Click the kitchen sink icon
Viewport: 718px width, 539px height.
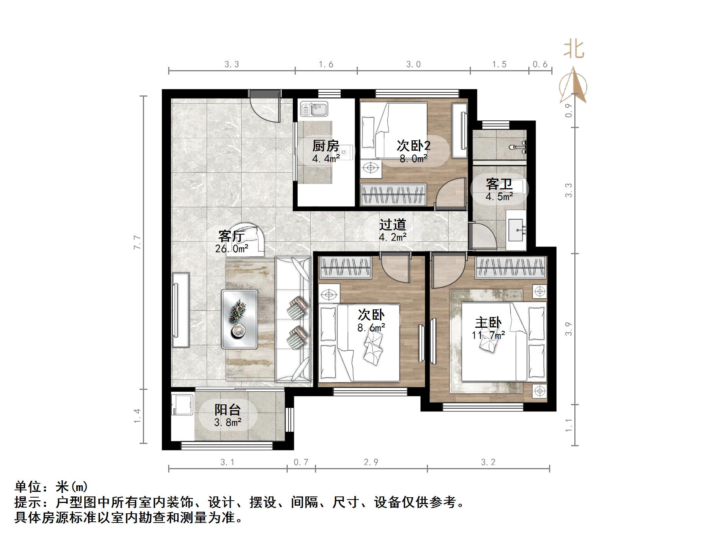click(314, 109)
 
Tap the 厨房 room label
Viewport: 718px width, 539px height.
click(325, 146)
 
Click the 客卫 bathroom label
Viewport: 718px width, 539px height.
click(499, 184)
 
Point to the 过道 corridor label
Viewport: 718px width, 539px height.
click(392, 225)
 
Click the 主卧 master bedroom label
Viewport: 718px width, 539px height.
click(488, 323)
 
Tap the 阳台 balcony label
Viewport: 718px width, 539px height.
click(227, 410)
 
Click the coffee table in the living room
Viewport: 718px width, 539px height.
click(239, 319)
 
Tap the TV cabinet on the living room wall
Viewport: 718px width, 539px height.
click(180, 310)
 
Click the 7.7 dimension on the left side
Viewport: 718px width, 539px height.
click(137, 242)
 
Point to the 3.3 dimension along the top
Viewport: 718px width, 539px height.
click(231, 64)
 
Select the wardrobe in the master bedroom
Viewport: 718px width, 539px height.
click(510, 267)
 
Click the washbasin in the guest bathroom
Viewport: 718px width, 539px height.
click(516, 230)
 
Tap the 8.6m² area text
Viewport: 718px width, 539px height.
click(371, 328)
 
